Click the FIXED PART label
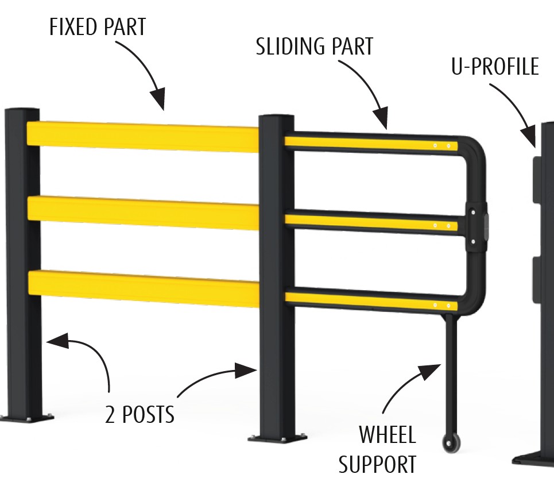click(x=98, y=28)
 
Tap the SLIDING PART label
click(x=314, y=47)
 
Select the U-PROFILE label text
click(x=495, y=67)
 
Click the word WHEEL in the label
click(x=387, y=435)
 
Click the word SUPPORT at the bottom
click(x=377, y=463)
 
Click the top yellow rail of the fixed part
click(x=144, y=136)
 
